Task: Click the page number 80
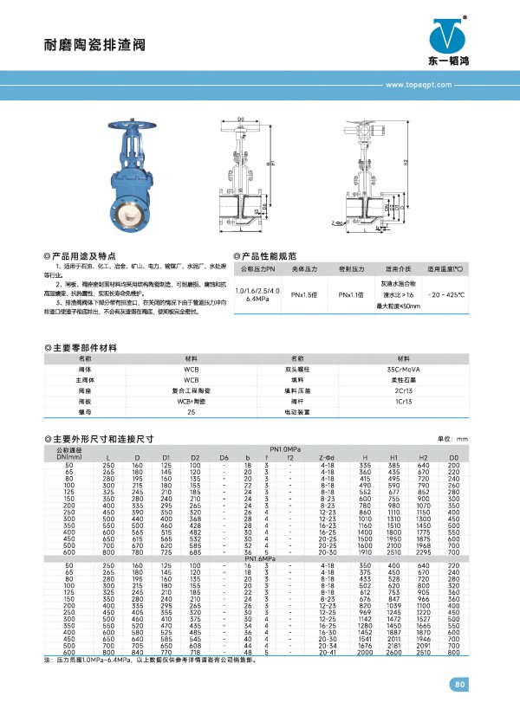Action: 459,686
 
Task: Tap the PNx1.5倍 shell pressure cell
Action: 303,295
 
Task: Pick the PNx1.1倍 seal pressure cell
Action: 350,295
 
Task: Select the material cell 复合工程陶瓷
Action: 192,390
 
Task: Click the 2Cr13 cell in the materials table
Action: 404,390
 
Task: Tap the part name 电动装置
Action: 296,412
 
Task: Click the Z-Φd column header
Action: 328,457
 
